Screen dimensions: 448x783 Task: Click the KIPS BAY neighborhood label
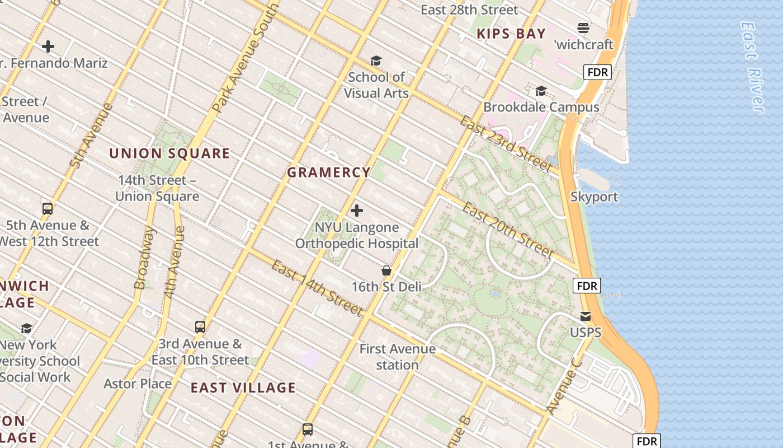511,34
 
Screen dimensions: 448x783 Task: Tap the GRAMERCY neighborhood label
329,172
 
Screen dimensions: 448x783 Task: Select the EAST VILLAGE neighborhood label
243,388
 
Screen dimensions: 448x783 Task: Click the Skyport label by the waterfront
594,197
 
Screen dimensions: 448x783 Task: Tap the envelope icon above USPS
586,316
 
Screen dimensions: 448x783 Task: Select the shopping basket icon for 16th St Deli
386,271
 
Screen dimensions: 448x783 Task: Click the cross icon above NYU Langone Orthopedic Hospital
356,211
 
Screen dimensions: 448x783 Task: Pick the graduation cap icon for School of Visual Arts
376,60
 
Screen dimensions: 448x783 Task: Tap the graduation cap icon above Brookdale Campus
541,91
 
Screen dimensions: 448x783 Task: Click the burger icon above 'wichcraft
583,28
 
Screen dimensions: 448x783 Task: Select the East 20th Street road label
508,230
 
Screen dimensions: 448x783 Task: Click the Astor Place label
138,384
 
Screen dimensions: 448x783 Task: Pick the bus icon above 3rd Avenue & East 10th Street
200,327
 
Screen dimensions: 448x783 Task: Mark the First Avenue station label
397,357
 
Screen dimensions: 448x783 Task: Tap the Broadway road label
144,258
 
